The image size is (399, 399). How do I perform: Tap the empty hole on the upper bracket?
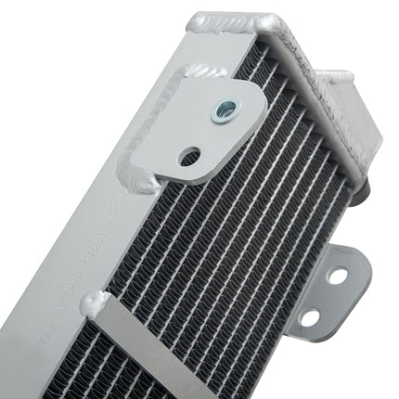pyautogui.click(x=190, y=155)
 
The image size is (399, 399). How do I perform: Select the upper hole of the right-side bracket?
pyautogui.click(x=337, y=277)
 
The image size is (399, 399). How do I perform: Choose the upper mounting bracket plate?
pyautogui.click(x=199, y=125)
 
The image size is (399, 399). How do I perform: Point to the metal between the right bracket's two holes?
pyautogui.click(x=324, y=297)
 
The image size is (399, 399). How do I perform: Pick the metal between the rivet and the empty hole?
pyautogui.click(x=206, y=134)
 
